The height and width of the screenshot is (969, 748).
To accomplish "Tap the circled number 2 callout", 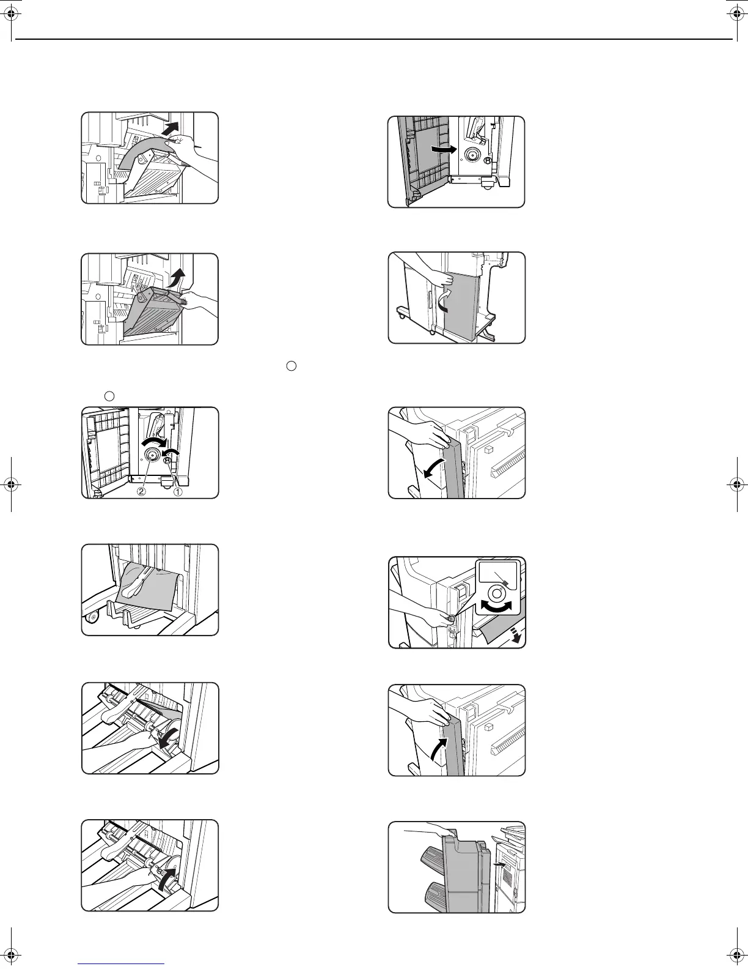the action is click(141, 491).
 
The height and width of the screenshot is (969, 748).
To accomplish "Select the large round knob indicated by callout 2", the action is click(151, 454).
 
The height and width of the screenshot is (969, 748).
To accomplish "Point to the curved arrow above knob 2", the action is click(152, 440).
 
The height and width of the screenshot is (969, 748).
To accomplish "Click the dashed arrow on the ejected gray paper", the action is click(517, 637).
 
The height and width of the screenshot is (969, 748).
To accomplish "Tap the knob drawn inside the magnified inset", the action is click(496, 593).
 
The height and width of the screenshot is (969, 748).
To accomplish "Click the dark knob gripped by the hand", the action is click(452, 618).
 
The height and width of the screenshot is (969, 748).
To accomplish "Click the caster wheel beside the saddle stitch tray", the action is click(92, 618).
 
